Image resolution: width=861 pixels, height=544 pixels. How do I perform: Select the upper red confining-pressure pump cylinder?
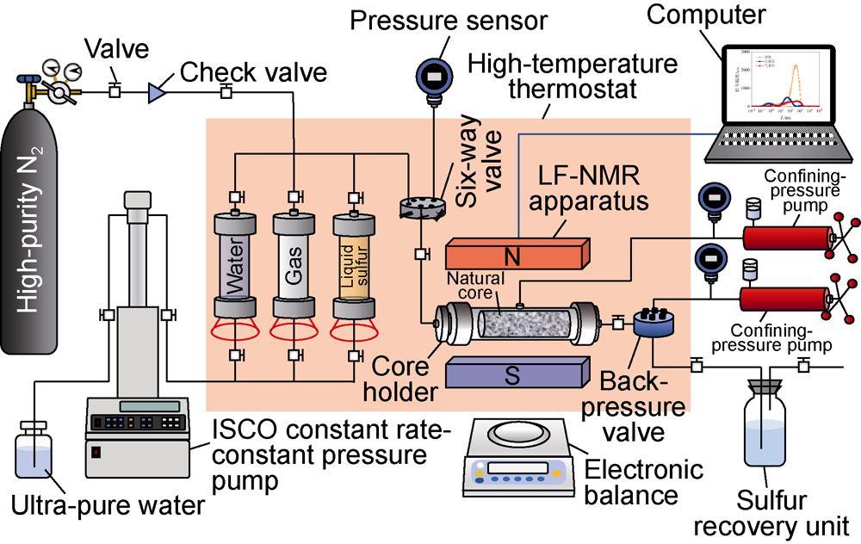[x=791, y=235]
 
